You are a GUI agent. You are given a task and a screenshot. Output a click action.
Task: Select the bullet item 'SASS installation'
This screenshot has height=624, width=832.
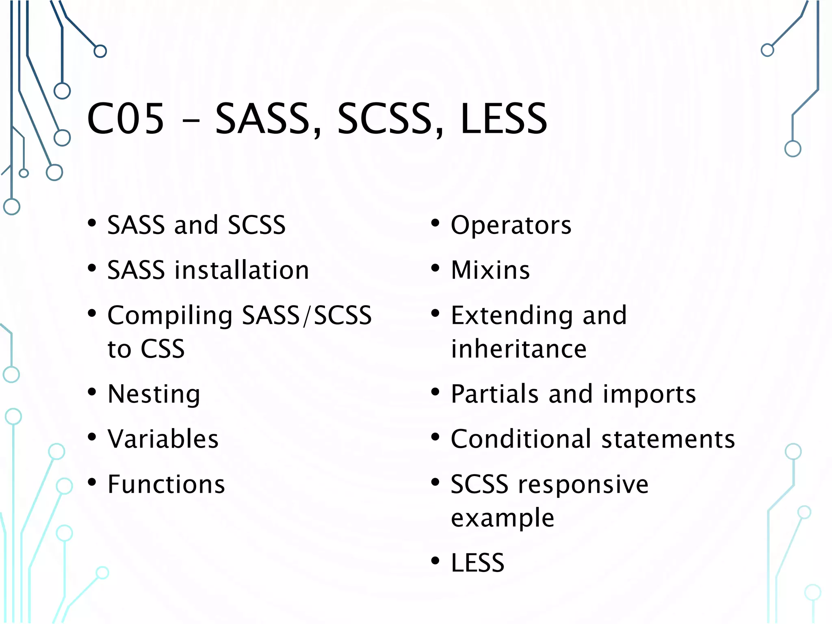click(x=208, y=270)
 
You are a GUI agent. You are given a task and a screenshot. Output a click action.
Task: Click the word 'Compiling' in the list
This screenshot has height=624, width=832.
click(x=170, y=316)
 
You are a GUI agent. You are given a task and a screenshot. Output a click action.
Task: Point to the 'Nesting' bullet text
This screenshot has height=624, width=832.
click(x=154, y=394)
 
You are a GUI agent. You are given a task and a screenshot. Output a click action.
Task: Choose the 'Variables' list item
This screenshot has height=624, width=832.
click(x=163, y=439)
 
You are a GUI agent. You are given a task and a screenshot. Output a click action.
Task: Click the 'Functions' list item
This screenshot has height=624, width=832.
click(x=166, y=484)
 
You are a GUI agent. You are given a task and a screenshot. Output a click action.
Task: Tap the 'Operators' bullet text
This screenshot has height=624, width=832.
click(x=511, y=225)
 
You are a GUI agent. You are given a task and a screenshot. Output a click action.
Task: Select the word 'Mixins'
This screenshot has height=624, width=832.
click(x=490, y=270)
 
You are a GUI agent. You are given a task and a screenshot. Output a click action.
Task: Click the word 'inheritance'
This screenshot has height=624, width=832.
click(x=519, y=349)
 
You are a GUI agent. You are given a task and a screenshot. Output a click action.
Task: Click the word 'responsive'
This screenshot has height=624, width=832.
click(x=583, y=485)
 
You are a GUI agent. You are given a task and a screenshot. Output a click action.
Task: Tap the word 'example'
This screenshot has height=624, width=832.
click(x=503, y=518)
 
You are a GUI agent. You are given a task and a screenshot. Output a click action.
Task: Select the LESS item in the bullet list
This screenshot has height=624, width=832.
click(x=478, y=563)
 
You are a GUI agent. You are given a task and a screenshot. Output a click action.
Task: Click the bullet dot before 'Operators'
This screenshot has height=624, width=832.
click(x=435, y=223)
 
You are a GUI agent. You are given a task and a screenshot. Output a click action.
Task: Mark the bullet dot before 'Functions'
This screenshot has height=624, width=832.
click(x=92, y=482)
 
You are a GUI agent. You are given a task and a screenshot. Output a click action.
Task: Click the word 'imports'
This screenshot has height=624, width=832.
click(x=649, y=394)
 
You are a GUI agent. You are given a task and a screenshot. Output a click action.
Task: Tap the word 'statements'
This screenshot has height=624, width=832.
click(x=668, y=439)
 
